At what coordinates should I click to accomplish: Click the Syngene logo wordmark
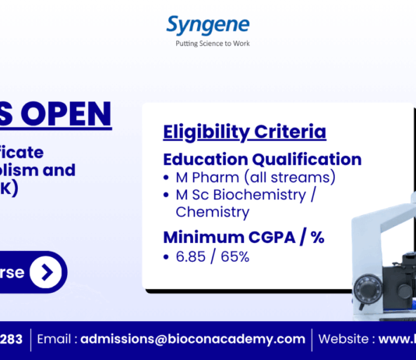207,25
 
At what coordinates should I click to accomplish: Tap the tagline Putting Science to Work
208,44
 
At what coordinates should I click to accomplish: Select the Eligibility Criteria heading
245,132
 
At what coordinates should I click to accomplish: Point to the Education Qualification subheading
262,159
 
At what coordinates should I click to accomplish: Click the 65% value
234,256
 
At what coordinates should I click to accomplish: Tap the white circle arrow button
48,272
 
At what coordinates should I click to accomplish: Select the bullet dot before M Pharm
167,178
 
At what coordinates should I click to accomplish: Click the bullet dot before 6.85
167,257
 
